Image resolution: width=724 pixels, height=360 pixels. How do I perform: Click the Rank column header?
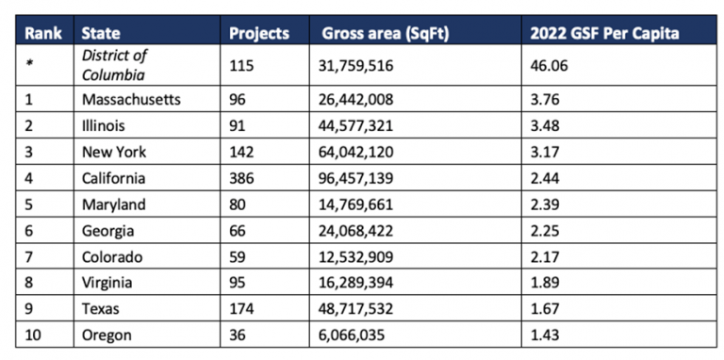coord(42,33)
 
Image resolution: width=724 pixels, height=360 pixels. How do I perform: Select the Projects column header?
coord(259,33)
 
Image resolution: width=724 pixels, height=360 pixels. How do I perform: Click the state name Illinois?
coord(105,125)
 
